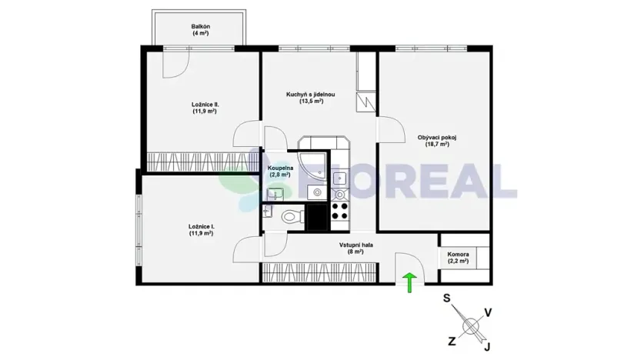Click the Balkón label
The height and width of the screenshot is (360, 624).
tap(201, 26)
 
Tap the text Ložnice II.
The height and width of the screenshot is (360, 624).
tap(205, 104)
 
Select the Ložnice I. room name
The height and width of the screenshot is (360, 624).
tap(200, 226)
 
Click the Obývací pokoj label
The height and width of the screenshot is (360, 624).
tap(437, 138)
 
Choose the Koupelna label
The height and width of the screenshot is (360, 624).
tap(279, 167)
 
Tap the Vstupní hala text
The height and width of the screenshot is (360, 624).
tap(356, 245)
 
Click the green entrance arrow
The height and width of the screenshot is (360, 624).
tap(410, 282)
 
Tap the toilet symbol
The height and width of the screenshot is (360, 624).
tap(290, 216)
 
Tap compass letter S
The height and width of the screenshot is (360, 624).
tap(447, 298)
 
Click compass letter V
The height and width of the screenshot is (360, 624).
tap(488, 312)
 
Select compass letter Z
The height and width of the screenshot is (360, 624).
tap(451, 339)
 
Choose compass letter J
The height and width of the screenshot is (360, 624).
tap(486, 348)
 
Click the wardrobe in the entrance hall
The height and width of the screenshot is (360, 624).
tap(319, 271)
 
